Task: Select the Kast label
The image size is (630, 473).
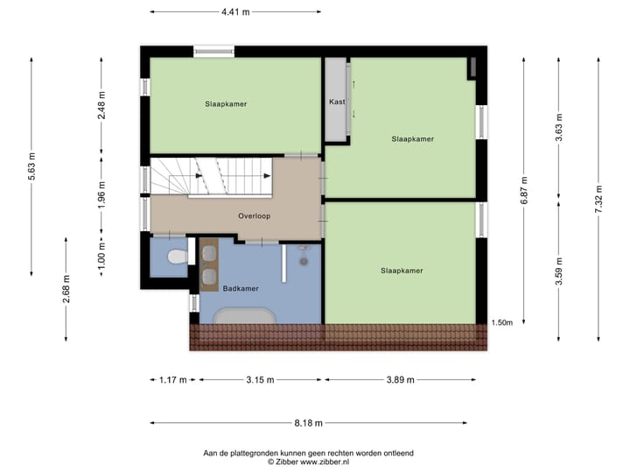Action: [x=337, y=102]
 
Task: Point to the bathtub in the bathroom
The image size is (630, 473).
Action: [x=244, y=315]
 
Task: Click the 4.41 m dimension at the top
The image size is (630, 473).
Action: [x=235, y=12]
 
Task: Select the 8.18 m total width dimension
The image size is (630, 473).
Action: [x=308, y=423]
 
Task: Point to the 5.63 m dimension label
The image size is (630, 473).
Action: [x=31, y=166]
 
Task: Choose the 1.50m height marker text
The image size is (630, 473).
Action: [x=502, y=322]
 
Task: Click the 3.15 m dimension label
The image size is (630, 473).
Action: [x=259, y=380]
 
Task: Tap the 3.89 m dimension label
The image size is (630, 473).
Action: [x=399, y=380]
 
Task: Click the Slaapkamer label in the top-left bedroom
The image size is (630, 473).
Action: [x=226, y=104]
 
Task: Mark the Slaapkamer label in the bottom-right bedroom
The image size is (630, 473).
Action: [x=402, y=271]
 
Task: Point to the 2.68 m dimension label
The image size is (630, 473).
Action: [x=66, y=289]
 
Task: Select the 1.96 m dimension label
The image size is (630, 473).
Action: [x=101, y=191]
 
